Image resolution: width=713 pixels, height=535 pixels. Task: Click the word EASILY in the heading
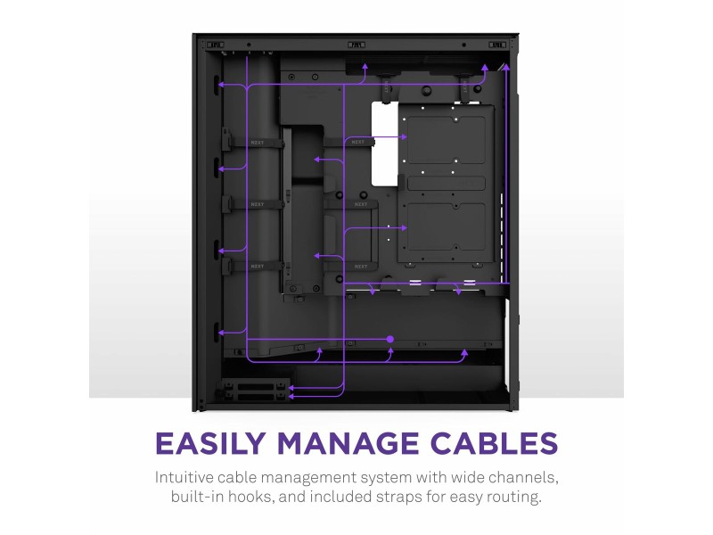pyautogui.click(x=210, y=443)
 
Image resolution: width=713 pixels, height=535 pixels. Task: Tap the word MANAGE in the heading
pyautogui.click(x=348, y=443)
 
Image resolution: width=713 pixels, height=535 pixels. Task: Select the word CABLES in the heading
pyautogui.click(x=494, y=443)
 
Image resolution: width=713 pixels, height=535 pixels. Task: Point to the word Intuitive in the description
pyautogui.click(x=184, y=477)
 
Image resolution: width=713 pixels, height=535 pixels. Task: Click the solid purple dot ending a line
pyautogui.click(x=390, y=339)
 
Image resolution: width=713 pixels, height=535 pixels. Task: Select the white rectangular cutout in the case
pyautogui.click(x=385, y=144)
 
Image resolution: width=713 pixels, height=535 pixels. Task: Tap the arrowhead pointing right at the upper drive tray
pyautogui.click(x=404, y=136)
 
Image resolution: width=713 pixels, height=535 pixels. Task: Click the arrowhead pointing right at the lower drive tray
pyautogui.click(x=404, y=227)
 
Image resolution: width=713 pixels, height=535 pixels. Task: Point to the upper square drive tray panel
pyautogui.click(x=447, y=140)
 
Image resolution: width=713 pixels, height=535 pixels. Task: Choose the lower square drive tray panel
pyautogui.click(x=447, y=227)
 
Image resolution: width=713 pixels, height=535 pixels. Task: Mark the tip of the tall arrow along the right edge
pyautogui.click(x=506, y=64)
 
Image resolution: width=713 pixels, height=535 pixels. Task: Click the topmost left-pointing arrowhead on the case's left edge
pyautogui.click(x=221, y=85)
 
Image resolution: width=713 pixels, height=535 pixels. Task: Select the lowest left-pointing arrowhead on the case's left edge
pyautogui.click(x=221, y=333)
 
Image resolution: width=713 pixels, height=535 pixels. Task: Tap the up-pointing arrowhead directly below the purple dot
pyautogui.click(x=390, y=351)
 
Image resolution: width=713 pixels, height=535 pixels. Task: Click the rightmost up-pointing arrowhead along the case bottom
pyautogui.click(x=464, y=352)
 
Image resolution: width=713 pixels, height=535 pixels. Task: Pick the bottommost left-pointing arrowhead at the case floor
pyautogui.click(x=291, y=396)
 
